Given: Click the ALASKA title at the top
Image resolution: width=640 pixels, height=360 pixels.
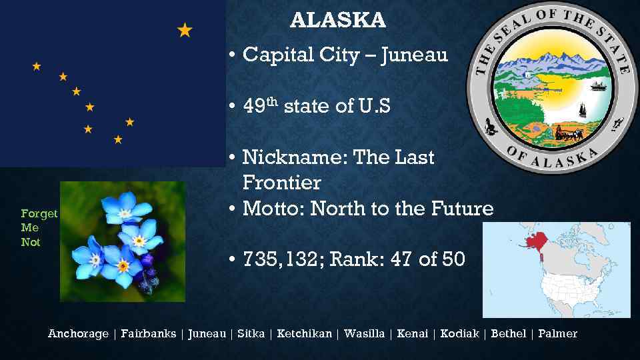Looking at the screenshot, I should [338, 21].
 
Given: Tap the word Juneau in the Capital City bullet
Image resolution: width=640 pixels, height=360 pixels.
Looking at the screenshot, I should [414, 55].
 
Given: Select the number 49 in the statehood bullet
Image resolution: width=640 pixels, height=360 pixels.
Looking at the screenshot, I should [254, 107].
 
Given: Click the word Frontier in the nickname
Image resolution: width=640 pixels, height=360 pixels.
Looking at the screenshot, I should [282, 183].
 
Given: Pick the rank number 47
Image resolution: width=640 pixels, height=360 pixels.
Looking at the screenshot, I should [401, 259].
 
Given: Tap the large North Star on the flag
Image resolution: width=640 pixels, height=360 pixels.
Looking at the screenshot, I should [185, 30].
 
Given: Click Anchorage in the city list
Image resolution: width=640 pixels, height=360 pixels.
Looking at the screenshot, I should [78, 333].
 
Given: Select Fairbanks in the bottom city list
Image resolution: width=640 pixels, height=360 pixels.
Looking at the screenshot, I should [149, 333].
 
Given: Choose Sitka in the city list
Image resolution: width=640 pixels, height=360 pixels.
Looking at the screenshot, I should [251, 333].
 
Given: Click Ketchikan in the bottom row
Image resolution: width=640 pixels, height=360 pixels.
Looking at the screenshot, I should [304, 333].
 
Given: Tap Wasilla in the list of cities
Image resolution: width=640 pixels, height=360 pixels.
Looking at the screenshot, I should [364, 333].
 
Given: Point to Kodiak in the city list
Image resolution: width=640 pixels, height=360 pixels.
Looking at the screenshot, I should [459, 333].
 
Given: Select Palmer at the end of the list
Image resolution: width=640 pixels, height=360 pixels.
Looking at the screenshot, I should [557, 333].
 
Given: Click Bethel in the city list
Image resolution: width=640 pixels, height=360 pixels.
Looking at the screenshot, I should [508, 333].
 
